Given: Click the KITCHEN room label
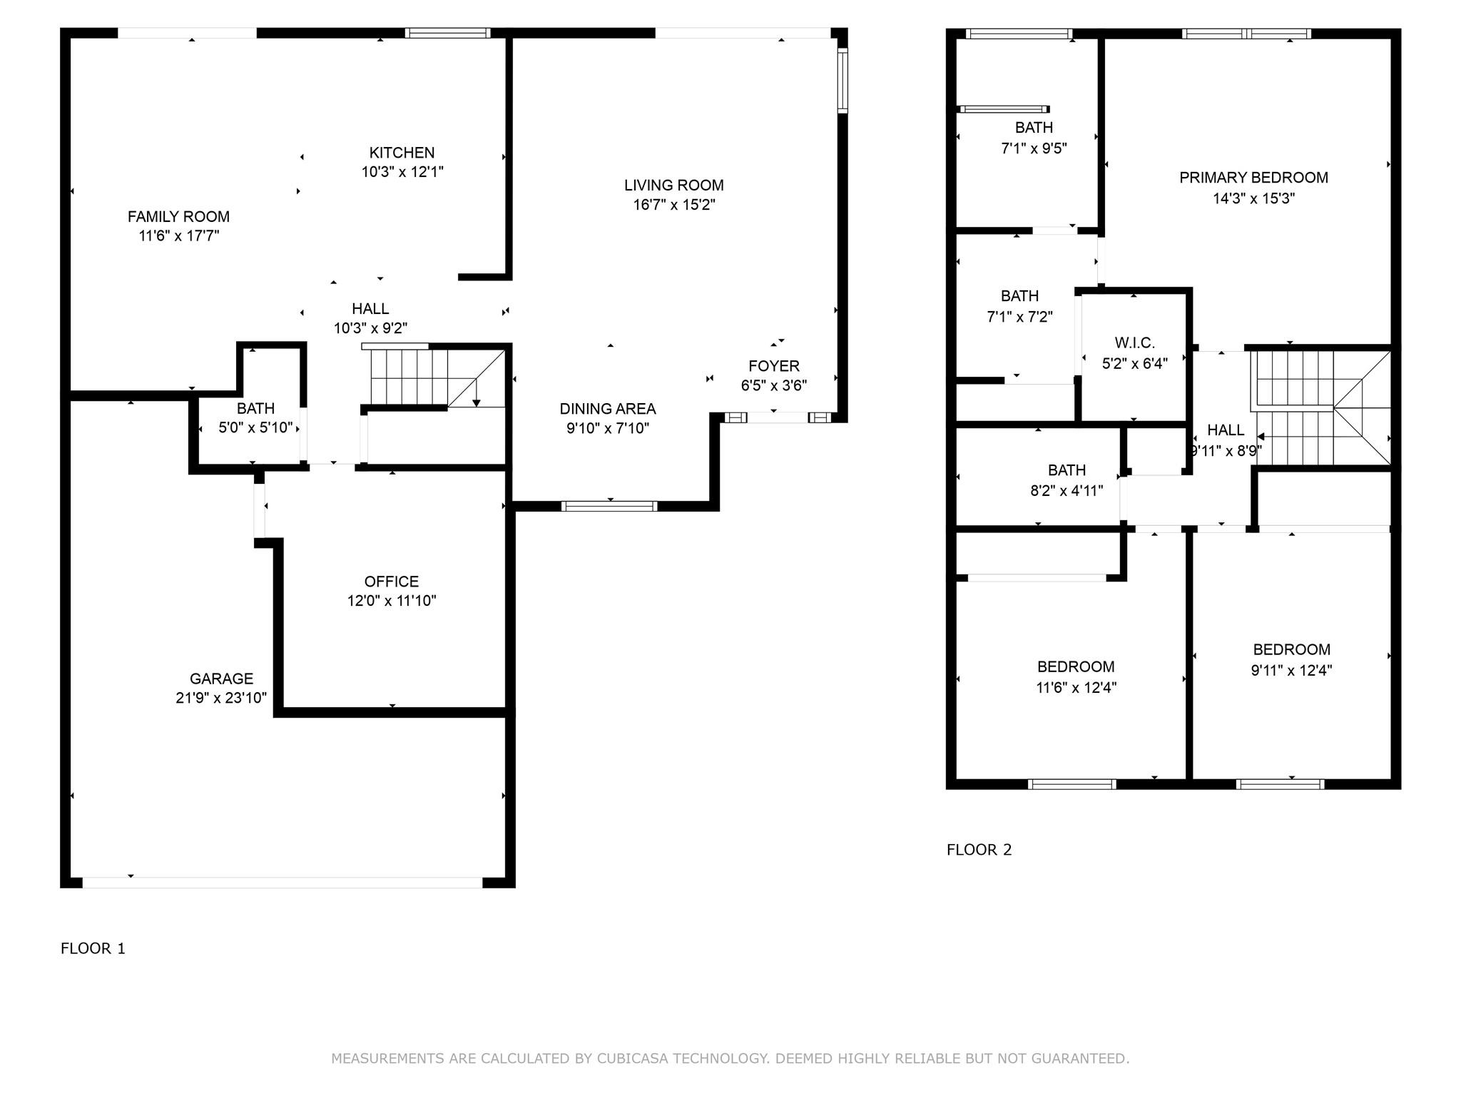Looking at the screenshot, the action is [402, 153].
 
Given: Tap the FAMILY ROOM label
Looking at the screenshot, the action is [178, 217].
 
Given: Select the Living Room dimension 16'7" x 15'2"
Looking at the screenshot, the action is [674, 205].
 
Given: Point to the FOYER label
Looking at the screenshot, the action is [774, 366].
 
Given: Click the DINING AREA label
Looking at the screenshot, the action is [608, 409].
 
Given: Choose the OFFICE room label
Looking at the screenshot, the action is [392, 582].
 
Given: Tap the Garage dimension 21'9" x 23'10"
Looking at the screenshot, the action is [221, 698].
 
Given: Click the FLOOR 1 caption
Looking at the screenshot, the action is [93, 948].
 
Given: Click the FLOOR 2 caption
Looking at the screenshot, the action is [979, 850].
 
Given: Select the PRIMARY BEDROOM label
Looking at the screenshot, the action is [1253, 178].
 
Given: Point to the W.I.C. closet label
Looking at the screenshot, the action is [1135, 343].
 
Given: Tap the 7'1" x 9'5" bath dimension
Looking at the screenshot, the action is [1034, 148].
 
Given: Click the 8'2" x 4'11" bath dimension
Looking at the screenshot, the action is [1067, 491].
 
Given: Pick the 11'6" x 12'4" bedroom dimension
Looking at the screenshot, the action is [1076, 688].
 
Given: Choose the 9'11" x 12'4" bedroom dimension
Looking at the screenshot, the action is [1291, 671].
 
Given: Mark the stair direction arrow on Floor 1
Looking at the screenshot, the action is [477, 393].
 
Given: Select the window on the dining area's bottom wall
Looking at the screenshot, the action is [609, 507].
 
